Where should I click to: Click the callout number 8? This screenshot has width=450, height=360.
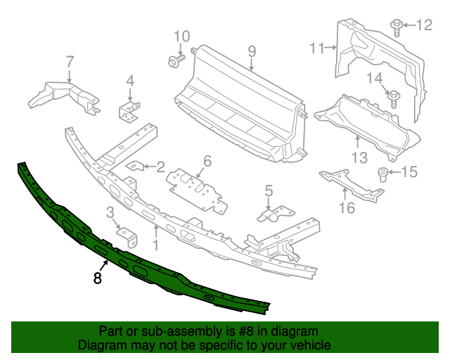[97, 278]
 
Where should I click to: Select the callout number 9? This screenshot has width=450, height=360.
[251, 51]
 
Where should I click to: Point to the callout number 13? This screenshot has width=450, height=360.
[359, 158]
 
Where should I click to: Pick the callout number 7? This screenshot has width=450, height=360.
[70, 61]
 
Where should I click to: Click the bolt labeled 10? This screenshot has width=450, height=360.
[174, 62]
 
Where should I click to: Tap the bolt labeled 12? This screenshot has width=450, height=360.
[396, 27]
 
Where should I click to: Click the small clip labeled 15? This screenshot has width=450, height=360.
[383, 174]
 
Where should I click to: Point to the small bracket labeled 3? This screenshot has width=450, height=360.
[127, 237]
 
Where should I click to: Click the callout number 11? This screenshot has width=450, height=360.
[317, 48]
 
